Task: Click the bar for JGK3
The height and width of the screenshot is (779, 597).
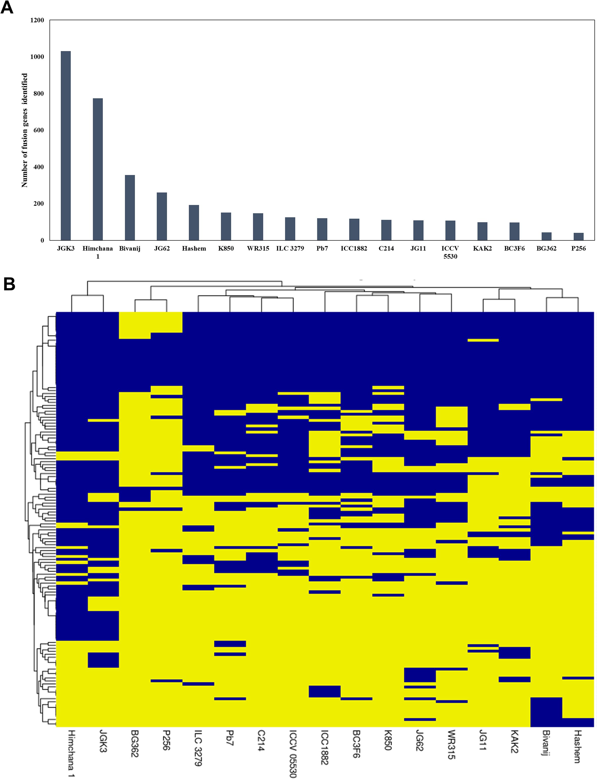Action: coord(66,146)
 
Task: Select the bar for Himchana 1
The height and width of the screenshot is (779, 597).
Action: coord(98,169)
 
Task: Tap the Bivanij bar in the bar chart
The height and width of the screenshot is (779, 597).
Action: coord(130,208)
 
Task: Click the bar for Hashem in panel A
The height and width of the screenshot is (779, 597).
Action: coord(194,223)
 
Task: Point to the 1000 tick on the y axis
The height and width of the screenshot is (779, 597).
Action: coord(37,57)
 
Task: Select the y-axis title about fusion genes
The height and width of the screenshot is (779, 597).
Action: coord(25,130)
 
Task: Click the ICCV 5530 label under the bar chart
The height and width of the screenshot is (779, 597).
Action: coord(450,252)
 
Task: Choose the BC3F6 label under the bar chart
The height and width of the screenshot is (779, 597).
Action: coord(514,248)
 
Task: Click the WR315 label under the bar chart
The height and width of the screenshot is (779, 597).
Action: coord(258,248)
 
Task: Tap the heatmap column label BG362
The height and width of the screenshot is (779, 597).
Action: coord(134,744)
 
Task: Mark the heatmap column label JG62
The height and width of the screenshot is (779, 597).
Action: coord(420,742)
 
